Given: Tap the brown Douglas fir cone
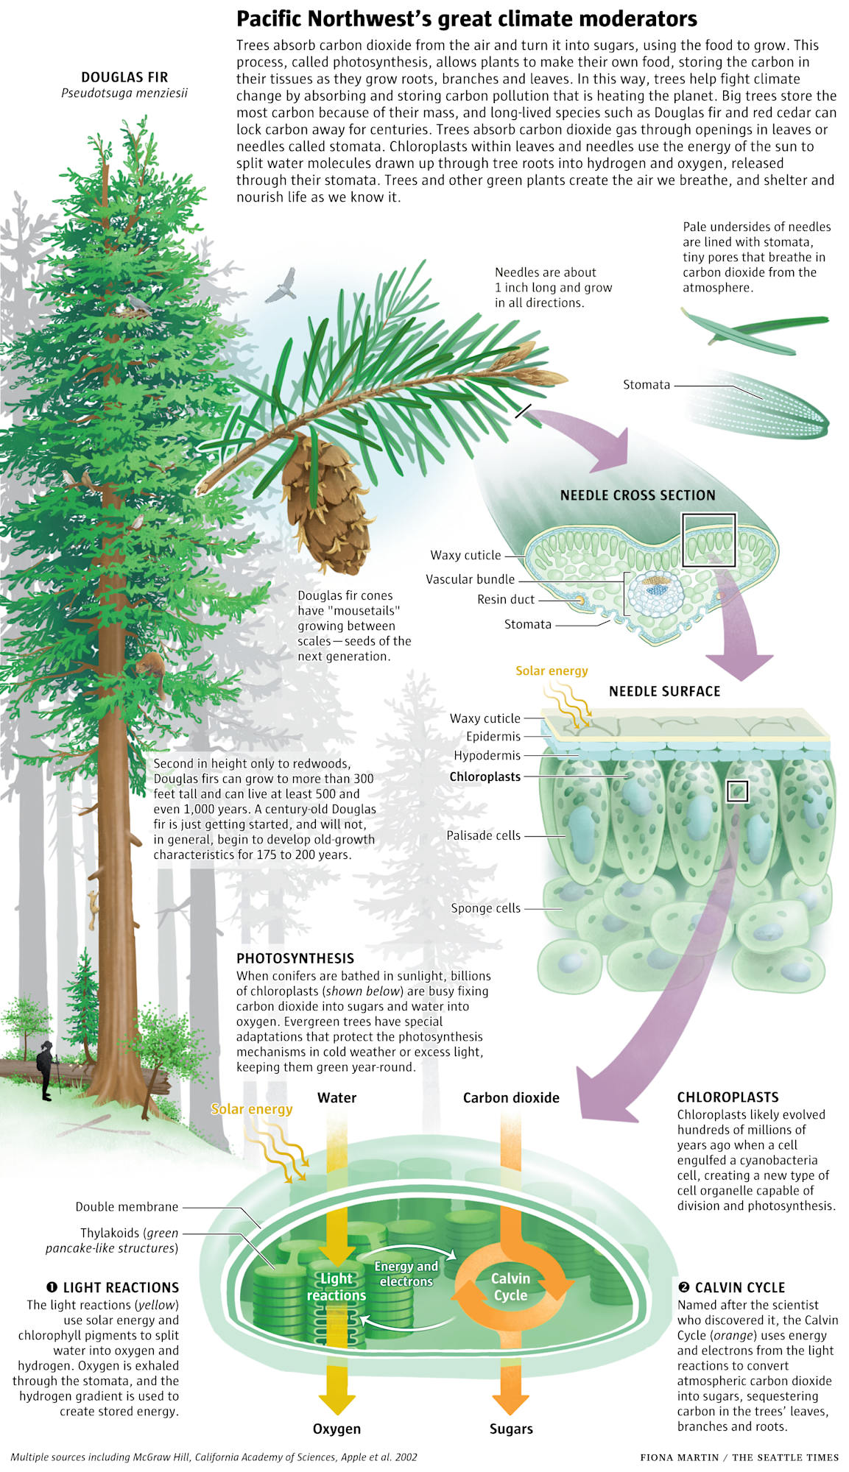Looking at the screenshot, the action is pyautogui.click(x=323, y=502).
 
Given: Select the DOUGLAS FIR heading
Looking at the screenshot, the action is pyautogui.click(x=124, y=77).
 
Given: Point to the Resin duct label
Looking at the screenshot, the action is pyautogui.click(x=505, y=599).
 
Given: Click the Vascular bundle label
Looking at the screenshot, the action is pyautogui.click(x=470, y=579).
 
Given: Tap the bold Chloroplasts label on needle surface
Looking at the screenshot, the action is pyautogui.click(x=485, y=776).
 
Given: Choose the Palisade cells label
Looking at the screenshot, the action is pyautogui.click(x=483, y=835).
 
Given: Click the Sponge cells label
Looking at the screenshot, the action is pyautogui.click(x=485, y=908).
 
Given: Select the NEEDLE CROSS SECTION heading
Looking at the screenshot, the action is pyautogui.click(x=638, y=495).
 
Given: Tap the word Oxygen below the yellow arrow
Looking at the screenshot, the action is pyautogui.click(x=337, y=1429).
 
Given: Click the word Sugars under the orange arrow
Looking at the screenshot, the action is pyautogui.click(x=511, y=1429).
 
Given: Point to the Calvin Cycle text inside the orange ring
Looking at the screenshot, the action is pyautogui.click(x=511, y=1287).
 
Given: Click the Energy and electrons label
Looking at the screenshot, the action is pyautogui.click(x=406, y=1273).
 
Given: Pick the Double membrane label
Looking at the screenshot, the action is pyautogui.click(x=127, y=1206).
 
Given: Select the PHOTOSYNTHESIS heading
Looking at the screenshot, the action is pyautogui.click(x=295, y=958).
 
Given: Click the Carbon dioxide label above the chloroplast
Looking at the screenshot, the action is pyautogui.click(x=511, y=1097).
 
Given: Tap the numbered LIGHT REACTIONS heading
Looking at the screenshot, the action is pyautogui.click(x=113, y=1287).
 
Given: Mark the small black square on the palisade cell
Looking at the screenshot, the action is pyautogui.click(x=737, y=791).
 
